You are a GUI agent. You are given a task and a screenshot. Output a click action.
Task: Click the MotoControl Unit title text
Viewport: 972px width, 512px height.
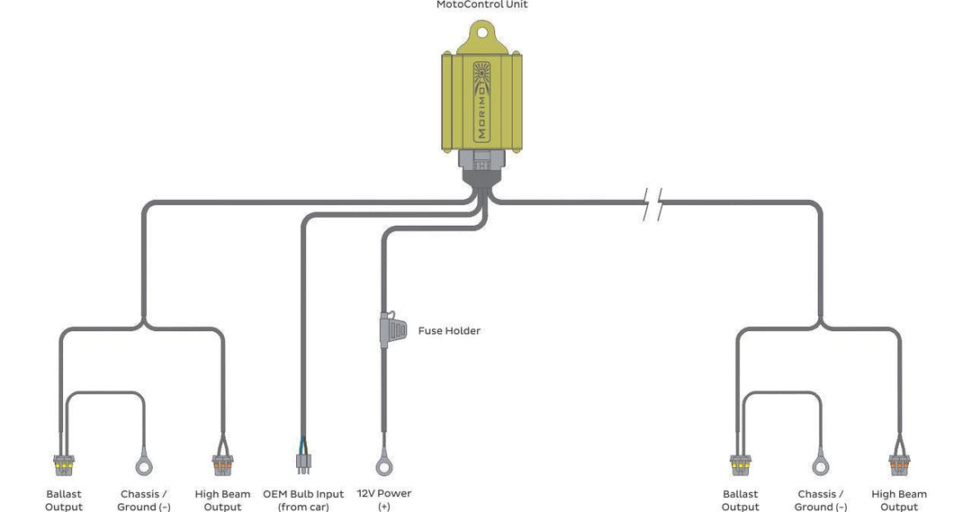tap(481, 5)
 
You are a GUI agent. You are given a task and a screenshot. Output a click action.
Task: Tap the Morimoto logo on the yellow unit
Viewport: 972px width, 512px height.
tap(481, 100)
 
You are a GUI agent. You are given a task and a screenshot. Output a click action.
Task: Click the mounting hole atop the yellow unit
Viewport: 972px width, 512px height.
tap(481, 34)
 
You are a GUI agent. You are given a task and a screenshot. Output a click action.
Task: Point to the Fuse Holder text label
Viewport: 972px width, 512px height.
tap(449, 331)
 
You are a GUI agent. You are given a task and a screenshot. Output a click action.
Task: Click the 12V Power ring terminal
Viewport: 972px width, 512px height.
tap(384, 466)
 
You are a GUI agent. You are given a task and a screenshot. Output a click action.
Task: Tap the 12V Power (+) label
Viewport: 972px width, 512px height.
tap(384, 500)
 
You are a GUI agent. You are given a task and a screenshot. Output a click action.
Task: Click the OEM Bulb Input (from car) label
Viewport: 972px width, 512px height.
tap(303, 500)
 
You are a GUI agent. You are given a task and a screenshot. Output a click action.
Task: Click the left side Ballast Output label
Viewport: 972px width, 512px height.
tap(64, 500)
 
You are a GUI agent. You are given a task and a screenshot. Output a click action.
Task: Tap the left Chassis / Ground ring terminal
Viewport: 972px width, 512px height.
tap(143, 466)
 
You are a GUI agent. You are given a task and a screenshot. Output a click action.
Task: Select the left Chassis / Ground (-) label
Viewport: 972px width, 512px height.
tap(144, 500)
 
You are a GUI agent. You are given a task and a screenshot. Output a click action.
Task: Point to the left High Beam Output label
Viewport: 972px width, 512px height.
tap(222, 500)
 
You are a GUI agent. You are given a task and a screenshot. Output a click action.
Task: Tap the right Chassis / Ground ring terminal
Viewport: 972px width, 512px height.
tap(820, 466)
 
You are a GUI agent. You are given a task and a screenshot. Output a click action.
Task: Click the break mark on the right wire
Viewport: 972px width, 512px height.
tap(653, 205)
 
